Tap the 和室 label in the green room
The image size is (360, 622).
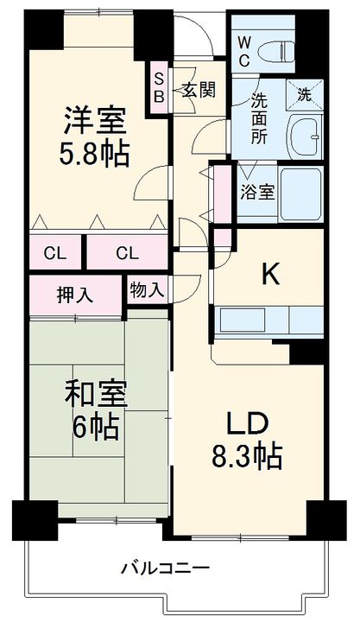pyautogui.click(x=96, y=394)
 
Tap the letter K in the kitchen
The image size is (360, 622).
pyautogui.click(x=270, y=274)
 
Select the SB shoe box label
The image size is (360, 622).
pyautogui.click(x=159, y=86)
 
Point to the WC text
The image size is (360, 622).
pyautogui.click(x=243, y=51)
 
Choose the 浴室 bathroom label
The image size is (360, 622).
pyautogui.click(x=257, y=191)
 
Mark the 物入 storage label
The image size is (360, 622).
pyautogui.click(x=147, y=289)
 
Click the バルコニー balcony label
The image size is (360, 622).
pyautogui.click(x=164, y=568)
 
